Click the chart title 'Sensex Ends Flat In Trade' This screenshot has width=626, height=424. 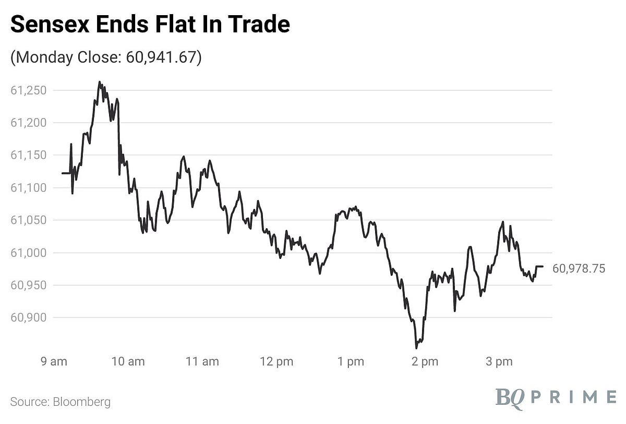click(150, 25)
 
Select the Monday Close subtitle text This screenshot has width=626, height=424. click(106, 57)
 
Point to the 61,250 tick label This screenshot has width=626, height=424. click(29, 90)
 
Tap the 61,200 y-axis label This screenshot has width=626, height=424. click(29, 123)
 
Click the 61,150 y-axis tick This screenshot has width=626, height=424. click(29, 155)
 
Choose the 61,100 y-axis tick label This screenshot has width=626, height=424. click(29, 187)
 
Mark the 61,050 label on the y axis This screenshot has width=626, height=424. click(29, 220)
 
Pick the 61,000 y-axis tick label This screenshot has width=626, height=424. click(29, 253)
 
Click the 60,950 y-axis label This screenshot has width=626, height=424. click(29, 285)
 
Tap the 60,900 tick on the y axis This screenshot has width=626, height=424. click(29, 317)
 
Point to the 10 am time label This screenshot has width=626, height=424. click(128, 361)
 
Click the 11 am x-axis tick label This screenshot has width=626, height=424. click(202, 361)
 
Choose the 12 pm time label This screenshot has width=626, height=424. click(276, 361)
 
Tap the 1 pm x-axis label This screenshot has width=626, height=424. click(350, 361)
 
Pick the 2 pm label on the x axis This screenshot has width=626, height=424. click(424, 361)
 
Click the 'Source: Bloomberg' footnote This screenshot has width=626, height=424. click(61, 402)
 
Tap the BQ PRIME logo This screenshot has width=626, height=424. click(556, 397)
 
